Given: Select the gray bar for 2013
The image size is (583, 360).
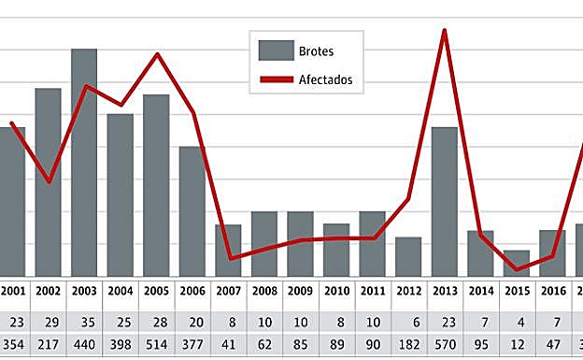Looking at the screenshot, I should click(444, 200).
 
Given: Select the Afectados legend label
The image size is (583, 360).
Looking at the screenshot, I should click(326, 80).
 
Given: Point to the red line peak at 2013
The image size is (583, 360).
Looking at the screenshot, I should click(444, 30).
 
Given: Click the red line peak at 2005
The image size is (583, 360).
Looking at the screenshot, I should click(157, 53).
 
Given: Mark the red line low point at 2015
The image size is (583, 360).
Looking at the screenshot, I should click(516, 270).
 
